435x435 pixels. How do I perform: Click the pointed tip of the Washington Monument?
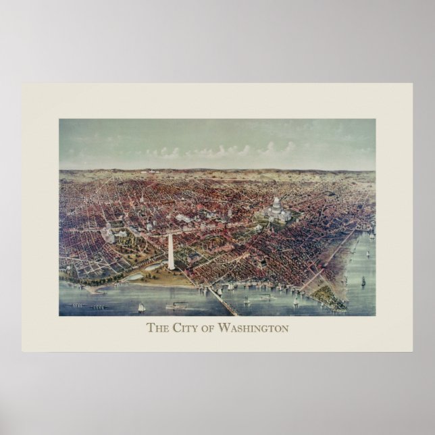[x=170, y=234]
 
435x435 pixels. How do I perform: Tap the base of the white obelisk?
[x=171, y=267]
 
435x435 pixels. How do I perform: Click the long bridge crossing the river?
[x=223, y=301]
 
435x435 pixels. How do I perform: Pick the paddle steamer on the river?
[x=176, y=306]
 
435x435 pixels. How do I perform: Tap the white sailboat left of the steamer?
[x=141, y=307]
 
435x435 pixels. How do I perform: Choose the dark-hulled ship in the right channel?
[x=363, y=280]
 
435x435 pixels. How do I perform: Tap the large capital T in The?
[x=150, y=329]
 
